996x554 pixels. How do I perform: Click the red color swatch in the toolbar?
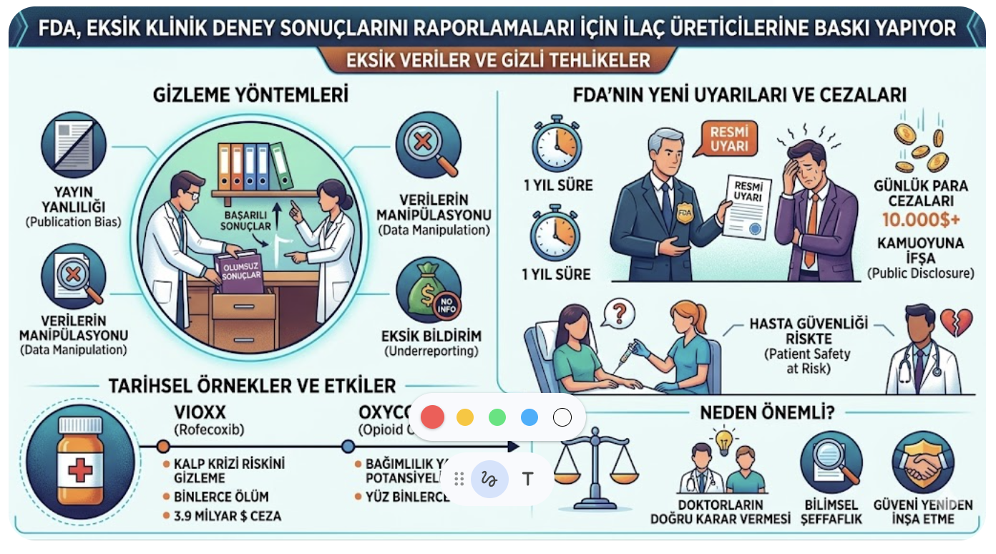pyautogui.click(x=432, y=417)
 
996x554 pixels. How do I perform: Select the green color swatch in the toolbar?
pyautogui.click(x=497, y=417)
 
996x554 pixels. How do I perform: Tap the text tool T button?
pyautogui.click(x=528, y=479)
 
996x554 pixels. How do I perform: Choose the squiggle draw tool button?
pyautogui.click(x=489, y=479)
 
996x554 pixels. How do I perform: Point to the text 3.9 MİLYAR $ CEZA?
pyautogui.click(x=228, y=515)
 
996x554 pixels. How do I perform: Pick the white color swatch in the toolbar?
pyautogui.click(x=562, y=417)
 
